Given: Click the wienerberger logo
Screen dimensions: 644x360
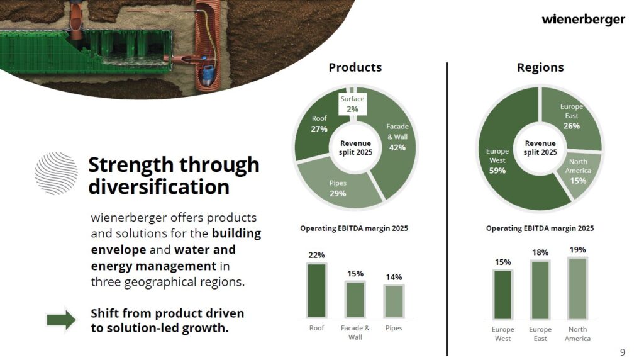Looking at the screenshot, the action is (583, 20).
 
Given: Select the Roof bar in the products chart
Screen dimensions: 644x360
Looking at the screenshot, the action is (317, 291).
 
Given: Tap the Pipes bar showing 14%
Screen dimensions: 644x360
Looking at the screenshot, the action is (394, 301).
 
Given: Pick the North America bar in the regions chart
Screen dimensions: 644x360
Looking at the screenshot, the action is (577, 288).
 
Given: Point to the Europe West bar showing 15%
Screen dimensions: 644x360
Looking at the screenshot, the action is (502, 295).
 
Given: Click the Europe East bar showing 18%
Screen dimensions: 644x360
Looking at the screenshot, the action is (540, 290).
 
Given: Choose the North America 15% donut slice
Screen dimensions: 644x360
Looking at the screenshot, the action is (579, 172).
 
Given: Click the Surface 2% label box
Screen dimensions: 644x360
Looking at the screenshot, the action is (352, 104).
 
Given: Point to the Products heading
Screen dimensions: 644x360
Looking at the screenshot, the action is (355, 67).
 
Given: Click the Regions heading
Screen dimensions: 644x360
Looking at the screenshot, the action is (540, 67).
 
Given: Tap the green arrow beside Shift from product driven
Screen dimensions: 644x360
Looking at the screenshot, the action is (61, 320).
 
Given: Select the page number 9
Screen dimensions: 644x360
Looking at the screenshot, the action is (623, 352).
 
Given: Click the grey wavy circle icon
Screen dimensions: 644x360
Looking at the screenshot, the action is (56, 173).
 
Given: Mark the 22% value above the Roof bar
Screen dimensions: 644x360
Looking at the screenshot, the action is (317, 255).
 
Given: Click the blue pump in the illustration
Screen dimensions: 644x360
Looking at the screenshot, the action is (208, 74).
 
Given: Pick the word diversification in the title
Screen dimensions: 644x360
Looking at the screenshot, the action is (158, 187).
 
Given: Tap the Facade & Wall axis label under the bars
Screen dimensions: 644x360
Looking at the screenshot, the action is (355, 332).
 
